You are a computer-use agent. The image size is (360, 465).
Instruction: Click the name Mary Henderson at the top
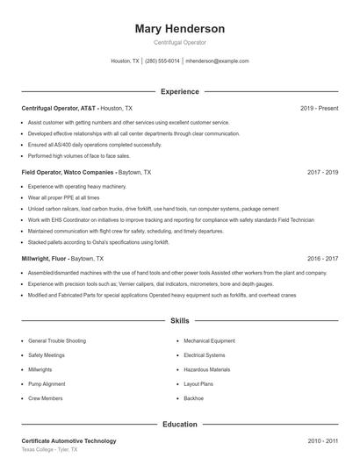179,28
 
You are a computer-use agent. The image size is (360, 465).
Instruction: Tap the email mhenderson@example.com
217,61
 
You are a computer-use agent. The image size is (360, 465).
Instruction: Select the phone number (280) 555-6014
162,61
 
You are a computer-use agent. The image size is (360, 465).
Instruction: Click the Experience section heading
179,91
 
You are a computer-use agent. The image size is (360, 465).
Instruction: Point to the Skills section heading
179,321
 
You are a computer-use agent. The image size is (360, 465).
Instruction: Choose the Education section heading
179,424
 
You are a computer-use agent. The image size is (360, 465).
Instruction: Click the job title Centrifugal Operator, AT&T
59,108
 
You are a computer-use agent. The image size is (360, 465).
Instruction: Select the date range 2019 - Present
319,108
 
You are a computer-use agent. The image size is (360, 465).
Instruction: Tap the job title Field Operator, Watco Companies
68,173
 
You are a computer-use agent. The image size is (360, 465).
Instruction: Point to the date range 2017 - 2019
322,173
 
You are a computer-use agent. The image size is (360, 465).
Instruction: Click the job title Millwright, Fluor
44,259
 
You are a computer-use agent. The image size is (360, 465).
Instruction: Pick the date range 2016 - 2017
322,259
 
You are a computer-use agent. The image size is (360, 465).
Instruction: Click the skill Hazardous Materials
206,369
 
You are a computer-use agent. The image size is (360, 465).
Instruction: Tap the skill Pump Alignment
46,383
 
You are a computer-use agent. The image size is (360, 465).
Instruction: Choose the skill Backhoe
193,397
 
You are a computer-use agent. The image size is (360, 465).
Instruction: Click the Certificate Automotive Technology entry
68,440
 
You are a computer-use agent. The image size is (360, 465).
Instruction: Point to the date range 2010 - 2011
322,440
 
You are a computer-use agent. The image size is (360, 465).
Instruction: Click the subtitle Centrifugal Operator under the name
179,42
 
